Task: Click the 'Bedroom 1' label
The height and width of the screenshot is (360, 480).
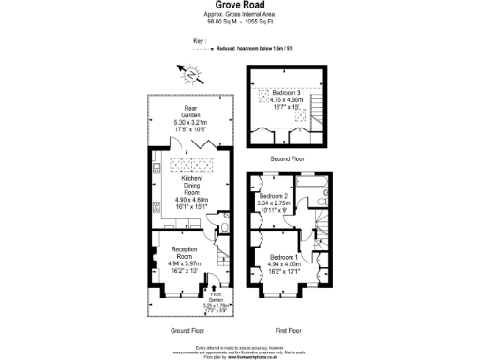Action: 285,257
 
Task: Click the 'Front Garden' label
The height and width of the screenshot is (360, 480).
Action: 217,299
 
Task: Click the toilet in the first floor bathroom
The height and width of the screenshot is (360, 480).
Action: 322,193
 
